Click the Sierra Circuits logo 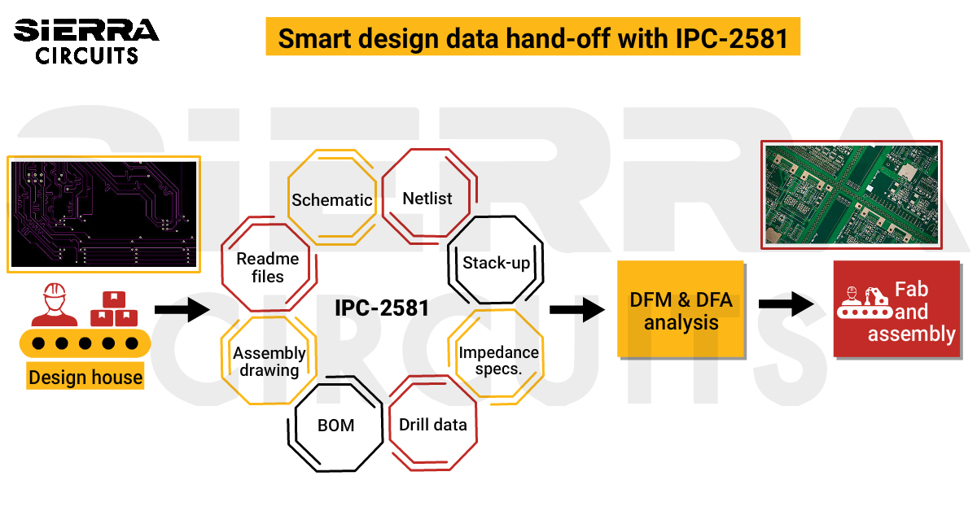85,41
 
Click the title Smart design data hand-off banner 532,37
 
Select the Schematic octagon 332,199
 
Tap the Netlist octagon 427,198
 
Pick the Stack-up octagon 496,264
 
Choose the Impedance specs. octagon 498,360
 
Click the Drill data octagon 433,424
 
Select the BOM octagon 335,424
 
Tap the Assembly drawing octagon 269,360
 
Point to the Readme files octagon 267,267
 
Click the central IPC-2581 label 381,309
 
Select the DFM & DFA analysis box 681,310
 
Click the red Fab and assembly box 896,310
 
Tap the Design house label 85,378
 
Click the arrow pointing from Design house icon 182,309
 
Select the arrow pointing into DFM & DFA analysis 576,309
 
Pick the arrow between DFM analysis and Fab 786,304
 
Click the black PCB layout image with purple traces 103,213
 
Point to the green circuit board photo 851,193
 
